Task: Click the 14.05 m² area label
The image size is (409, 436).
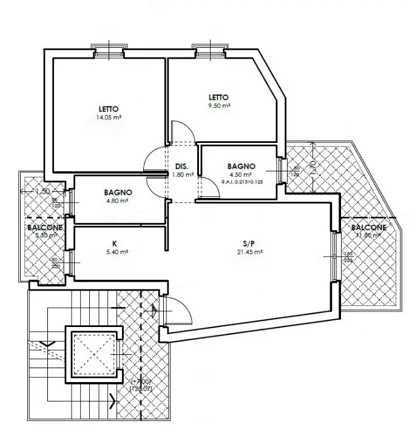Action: click(x=106, y=117)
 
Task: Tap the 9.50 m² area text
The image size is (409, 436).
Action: click(x=218, y=106)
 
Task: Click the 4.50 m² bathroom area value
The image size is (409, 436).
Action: click(x=241, y=174)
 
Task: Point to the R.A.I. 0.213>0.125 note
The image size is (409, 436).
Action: click(x=242, y=181)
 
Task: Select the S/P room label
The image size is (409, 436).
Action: click(x=250, y=243)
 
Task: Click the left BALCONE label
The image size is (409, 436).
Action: click(x=44, y=227)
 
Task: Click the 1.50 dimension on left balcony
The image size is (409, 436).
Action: click(x=42, y=191)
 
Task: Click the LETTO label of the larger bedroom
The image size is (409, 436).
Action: click(x=106, y=109)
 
